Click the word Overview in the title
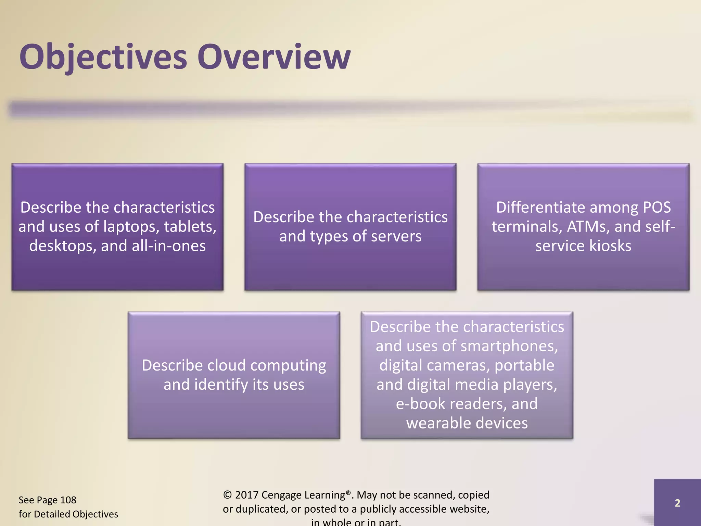tap(274, 57)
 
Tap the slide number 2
tap(677, 503)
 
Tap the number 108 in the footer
tap(68, 500)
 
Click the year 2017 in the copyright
tap(246, 495)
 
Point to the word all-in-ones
tap(168, 246)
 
